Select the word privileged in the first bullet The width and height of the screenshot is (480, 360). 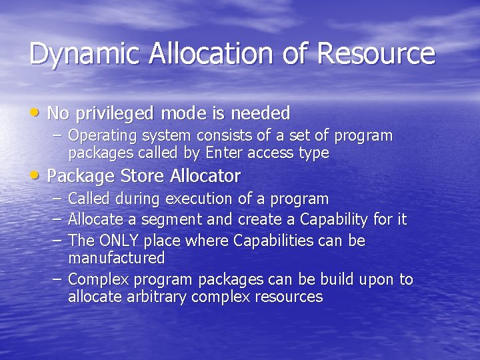pos(115,113)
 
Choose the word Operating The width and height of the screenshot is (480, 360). pos(102,136)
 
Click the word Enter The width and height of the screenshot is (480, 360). pos(225,153)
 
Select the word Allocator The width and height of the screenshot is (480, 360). pos(205,176)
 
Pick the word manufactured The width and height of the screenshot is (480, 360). pos(116,257)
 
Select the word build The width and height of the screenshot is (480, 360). pos(339,279)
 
